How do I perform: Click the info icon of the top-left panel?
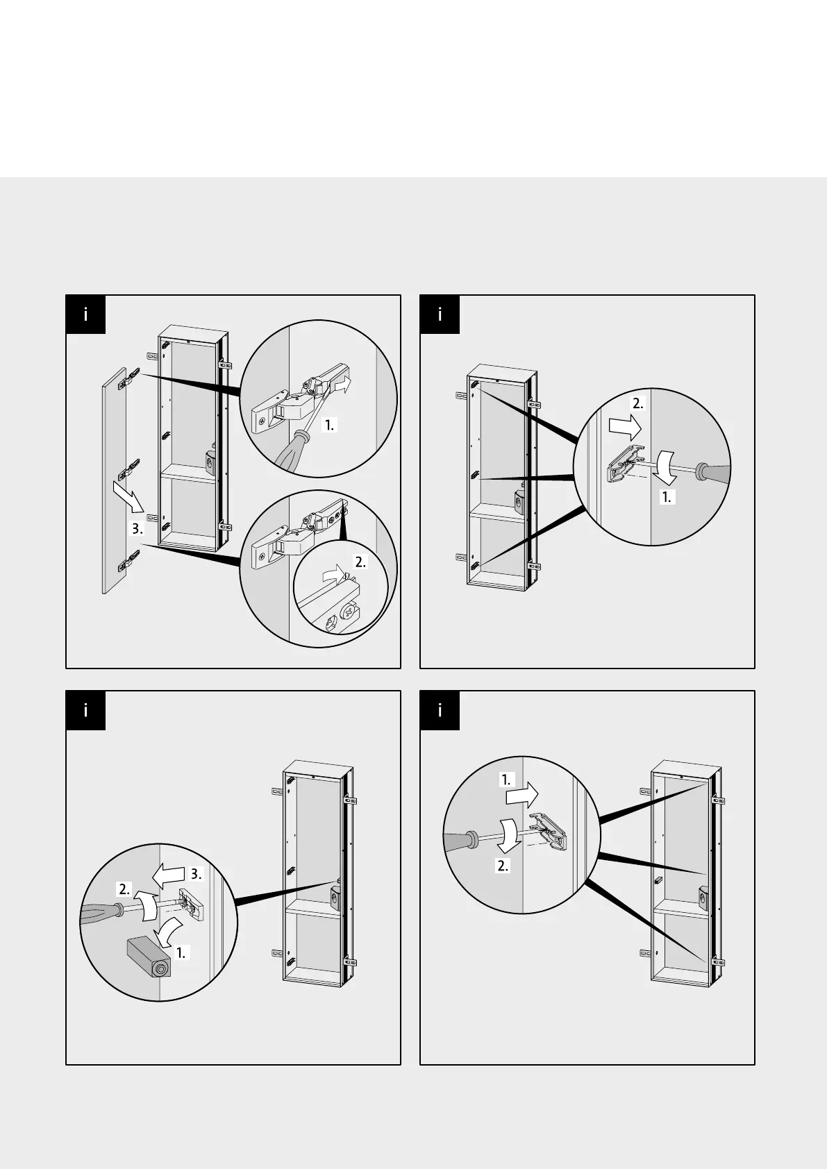point(85,314)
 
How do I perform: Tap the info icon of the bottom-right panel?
point(440,711)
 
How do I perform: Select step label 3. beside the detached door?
point(137,529)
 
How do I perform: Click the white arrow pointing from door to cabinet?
point(128,496)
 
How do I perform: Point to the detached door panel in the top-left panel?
point(115,480)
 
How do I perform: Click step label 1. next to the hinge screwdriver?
point(329,426)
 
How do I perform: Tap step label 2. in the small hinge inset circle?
point(361,562)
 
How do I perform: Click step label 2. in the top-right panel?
point(638,403)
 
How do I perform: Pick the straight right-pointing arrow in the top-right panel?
point(625,428)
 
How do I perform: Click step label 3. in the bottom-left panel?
point(195,874)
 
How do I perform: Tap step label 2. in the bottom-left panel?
point(125,889)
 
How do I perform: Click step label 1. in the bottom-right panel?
point(506,780)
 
